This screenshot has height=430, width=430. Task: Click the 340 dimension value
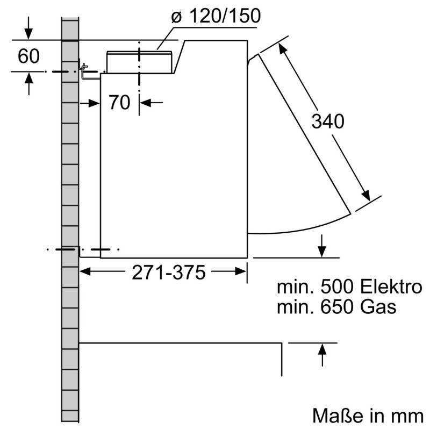point(328,122)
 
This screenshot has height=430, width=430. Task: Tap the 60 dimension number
point(28,56)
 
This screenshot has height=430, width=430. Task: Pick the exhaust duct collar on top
point(140,61)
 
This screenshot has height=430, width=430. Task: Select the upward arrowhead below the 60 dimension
point(28,77)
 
